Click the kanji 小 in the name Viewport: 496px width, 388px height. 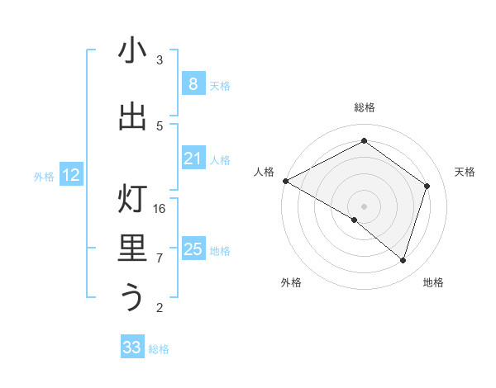point(132,51)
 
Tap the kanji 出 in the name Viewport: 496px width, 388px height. point(132,116)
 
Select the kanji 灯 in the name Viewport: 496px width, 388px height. point(132,200)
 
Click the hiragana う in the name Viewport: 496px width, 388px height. point(132,296)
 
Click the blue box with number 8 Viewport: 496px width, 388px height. point(193,83)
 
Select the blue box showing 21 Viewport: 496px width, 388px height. point(193,159)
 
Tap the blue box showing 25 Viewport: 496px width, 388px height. point(193,249)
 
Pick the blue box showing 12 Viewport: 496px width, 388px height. point(71,174)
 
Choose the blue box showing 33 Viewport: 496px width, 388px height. point(131,348)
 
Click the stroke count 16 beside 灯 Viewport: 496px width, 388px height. point(160,209)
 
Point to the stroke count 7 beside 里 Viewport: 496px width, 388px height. point(160,258)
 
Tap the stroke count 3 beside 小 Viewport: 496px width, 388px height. point(160,60)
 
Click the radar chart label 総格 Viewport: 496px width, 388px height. point(364,107)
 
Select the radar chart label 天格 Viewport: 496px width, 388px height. point(465,172)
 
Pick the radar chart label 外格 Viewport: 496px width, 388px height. point(291,282)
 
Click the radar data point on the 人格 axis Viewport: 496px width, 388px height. point(285,181)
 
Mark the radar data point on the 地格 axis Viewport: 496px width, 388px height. point(403,260)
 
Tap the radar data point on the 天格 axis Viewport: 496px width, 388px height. point(427,186)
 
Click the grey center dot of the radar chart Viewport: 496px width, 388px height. point(364,206)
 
